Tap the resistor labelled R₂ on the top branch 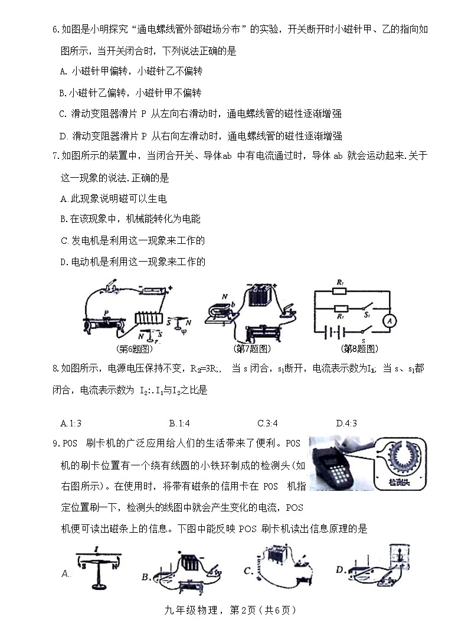(339, 291)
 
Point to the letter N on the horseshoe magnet (208, 296)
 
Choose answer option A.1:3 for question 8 (71, 423)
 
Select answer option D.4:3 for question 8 (346, 423)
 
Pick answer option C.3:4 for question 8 (267, 423)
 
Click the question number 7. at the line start (57, 156)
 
